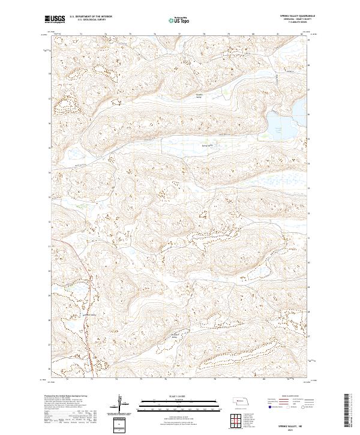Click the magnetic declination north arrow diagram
121,403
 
